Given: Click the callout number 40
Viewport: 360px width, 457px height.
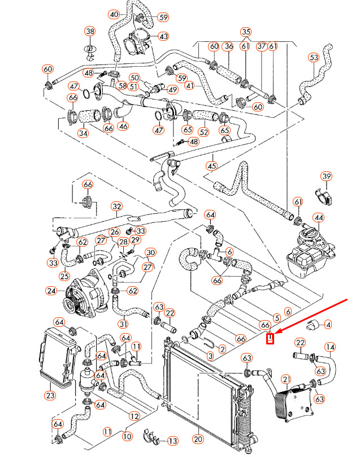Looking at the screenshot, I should tap(114, 14).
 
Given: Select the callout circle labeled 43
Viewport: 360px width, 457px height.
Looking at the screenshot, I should tap(163, 36).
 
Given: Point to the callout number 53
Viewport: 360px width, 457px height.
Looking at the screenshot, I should tap(314, 57).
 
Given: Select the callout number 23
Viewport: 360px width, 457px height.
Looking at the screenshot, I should tap(50, 395).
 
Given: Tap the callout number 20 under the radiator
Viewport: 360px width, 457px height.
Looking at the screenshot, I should tap(198, 439).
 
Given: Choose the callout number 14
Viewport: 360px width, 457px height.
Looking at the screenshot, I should tap(330, 347).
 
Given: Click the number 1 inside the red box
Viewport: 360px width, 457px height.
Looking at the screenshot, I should tap(270, 339).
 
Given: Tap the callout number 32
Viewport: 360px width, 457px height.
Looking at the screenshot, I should tap(116, 206).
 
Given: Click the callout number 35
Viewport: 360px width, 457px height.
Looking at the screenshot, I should tap(245, 32).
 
